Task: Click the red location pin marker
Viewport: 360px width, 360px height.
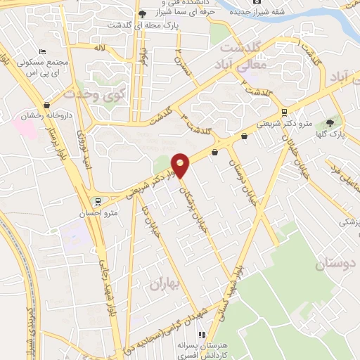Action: point(181,165)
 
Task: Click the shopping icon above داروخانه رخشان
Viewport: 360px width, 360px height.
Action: point(46,105)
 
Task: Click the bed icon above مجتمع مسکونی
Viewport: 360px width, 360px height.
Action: point(43,53)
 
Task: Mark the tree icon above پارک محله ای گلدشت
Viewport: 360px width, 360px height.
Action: point(143,13)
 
